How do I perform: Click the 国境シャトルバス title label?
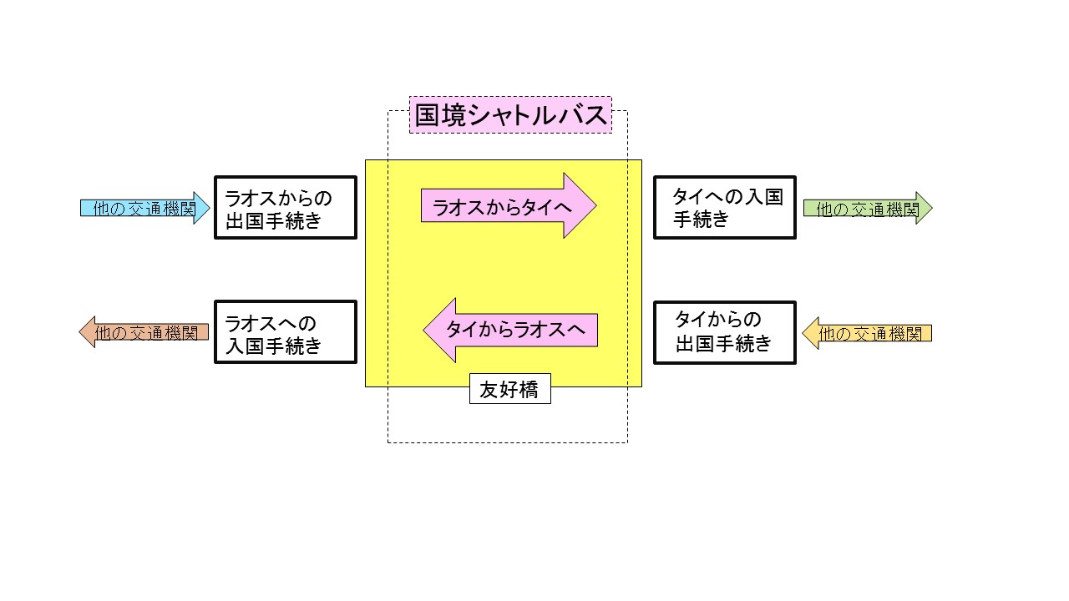pos(510,115)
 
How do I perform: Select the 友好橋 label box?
pos(509,389)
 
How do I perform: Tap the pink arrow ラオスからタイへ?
pos(501,206)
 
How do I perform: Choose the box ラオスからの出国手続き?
pos(286,208)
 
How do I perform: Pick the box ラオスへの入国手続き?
pos(286,332)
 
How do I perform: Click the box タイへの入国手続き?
pos(724,208)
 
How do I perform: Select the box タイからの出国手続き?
pos(724,332)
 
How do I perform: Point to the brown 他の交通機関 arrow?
pos(146,332)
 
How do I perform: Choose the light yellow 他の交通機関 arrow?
pos(869,333)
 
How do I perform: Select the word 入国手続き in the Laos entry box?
pos(273,346)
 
